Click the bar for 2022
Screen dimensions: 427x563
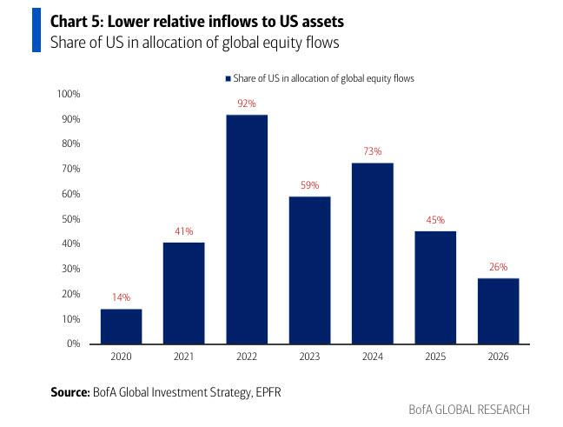pos(247,230)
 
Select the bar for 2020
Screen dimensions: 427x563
pos(121,326)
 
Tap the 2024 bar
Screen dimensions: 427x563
pos(373,253)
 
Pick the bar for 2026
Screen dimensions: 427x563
pos(499,310)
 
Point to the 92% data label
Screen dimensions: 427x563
pos(247,103)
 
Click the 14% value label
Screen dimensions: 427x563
pos(121,297)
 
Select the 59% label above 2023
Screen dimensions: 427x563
pos(310,185)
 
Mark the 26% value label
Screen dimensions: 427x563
pos(499,267)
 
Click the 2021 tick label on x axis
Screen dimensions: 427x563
pos(184,357)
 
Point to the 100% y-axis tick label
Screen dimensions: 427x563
pos(69,94)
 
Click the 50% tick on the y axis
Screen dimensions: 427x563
pos(71,219)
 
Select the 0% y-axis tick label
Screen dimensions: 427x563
pos(74,344)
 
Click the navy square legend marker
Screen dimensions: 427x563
pos(228,78)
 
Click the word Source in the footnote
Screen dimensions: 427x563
pos(70,392)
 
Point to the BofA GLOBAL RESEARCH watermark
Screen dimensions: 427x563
pos(468,410)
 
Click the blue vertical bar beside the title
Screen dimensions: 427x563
pos(36,30)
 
